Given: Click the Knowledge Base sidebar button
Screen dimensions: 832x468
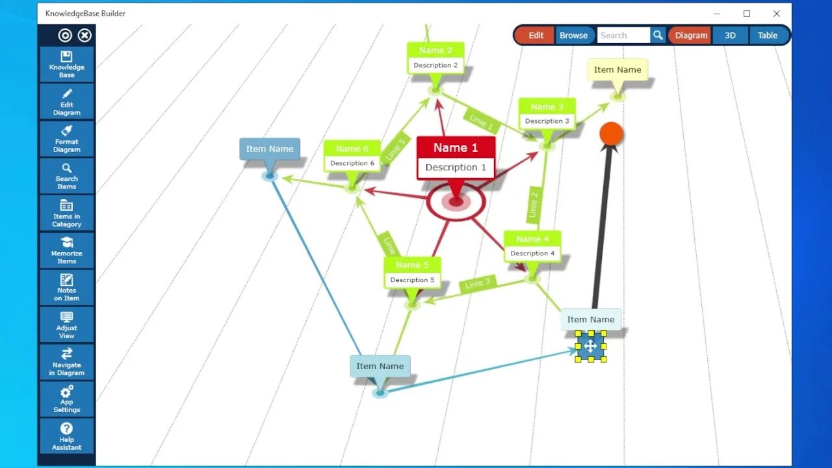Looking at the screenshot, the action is [66, 64].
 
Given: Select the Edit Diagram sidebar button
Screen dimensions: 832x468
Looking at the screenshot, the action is [66, 101].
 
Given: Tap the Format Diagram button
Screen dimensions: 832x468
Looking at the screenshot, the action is [66, 138].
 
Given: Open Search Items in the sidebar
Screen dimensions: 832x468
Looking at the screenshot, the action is [66, 175].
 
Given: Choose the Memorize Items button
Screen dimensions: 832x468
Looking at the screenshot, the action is [66, 250].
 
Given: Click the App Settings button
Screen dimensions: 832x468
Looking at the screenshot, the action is [66, 399].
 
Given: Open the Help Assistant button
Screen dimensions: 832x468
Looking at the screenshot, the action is [66, 436].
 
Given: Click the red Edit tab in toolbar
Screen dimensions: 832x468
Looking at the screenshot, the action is [536, 36].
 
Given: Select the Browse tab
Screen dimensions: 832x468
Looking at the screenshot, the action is [573, 36].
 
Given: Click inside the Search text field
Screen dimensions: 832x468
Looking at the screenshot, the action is [623, 36].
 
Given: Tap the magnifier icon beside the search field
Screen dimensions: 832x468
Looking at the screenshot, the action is [658, 36].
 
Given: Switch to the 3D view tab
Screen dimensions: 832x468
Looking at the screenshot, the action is [730, 36].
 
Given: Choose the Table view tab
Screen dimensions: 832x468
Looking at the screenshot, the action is [767, 36].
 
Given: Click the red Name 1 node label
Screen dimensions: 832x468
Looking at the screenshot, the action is [456, 148].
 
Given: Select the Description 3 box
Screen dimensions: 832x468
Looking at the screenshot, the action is [547, 121].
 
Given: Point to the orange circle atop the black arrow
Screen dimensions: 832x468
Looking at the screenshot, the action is [611, 133].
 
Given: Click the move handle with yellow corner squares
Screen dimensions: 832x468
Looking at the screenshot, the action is [590, 346].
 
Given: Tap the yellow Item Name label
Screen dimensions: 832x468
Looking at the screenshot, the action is [617, 70].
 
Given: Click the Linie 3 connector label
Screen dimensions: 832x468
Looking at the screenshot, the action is [478, 283].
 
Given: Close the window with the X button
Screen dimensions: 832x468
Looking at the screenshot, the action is [776, 14].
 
